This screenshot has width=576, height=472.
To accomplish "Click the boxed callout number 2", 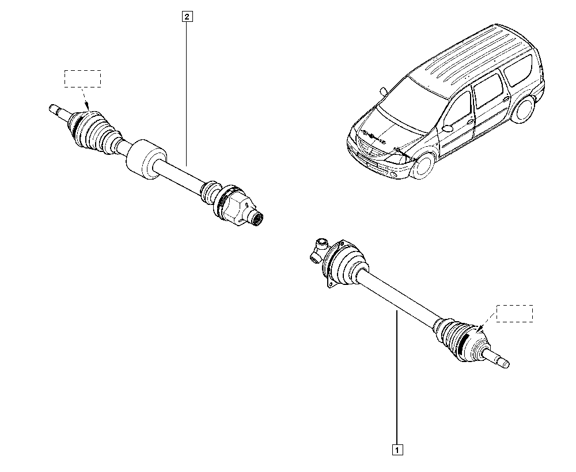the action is [187, 17].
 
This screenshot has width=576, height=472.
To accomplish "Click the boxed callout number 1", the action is [397, 450].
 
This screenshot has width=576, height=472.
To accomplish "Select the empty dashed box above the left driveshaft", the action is [82, 78].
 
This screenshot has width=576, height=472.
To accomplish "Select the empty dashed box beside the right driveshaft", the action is [514, 314].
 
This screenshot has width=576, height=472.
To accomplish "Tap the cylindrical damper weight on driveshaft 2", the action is [146, 159].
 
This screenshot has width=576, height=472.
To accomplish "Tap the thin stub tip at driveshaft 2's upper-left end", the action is [54, 109].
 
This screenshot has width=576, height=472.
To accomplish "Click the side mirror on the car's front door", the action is [448, 128].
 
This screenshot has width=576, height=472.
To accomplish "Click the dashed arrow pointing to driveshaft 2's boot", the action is [86, 99].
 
